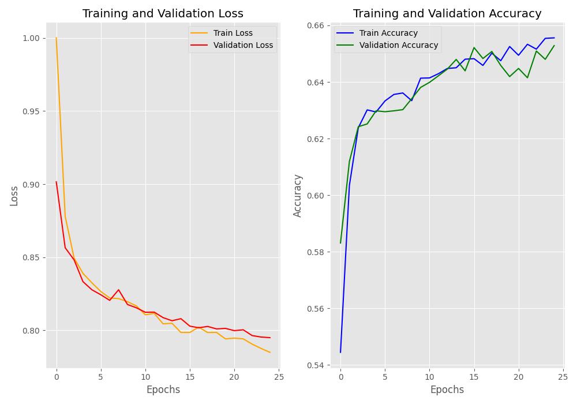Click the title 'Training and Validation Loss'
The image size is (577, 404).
click(163, 13)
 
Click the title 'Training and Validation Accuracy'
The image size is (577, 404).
click(447, 13)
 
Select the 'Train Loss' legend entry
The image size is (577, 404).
click(233, 33)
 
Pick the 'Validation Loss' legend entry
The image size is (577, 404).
click(243, 45)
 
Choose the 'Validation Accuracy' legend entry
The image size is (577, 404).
click(399, 45)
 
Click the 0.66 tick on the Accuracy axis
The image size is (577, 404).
click(314, 26)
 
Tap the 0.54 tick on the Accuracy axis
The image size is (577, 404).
click(314, 365)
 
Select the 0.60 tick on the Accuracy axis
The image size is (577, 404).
click(314, 196)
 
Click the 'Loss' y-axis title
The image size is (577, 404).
click(14, 196)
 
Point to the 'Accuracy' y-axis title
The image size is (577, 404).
click(298, 196)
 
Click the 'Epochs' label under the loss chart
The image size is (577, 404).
click(163, 390)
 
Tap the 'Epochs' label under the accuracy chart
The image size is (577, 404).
click(447, 390)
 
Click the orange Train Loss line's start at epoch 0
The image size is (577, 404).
click(57, 38)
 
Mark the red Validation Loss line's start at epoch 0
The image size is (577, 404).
click(57, 182)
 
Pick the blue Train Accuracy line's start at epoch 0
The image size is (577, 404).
click(340, 352)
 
